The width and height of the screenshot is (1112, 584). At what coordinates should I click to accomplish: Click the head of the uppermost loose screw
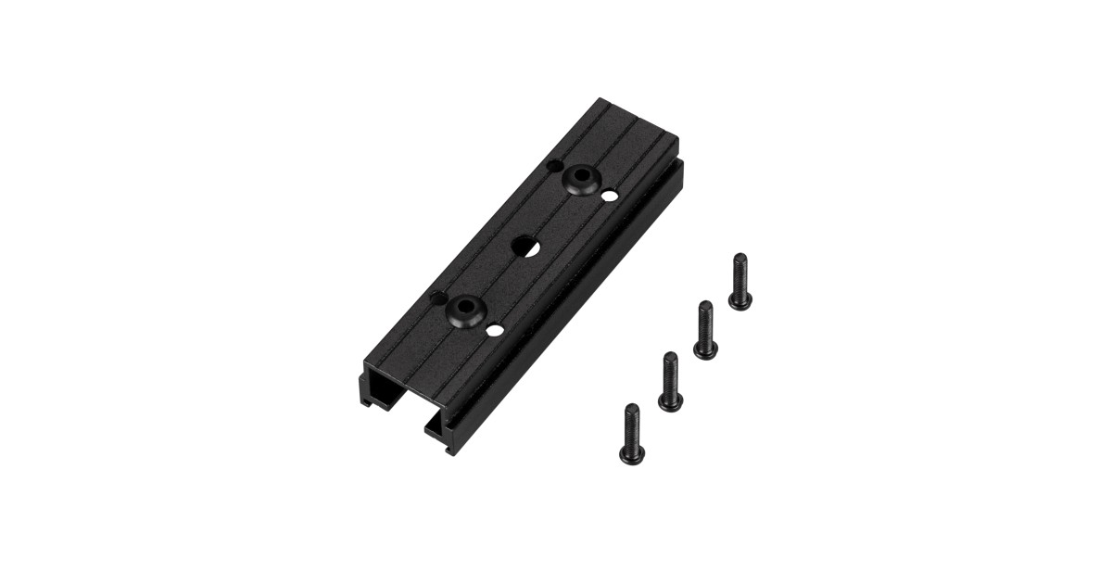click(x=739, y=299)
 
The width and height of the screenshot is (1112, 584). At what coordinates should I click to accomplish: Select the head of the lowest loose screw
click(x=629, y=453)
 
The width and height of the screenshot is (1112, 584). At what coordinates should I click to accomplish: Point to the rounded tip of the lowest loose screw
click(x=630, y=409)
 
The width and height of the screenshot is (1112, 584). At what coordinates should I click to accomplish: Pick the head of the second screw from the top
click(x=705, y=349)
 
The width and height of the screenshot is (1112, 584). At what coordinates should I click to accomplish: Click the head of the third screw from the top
click(x=670, y=400)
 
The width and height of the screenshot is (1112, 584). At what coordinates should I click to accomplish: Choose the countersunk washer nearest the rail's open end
click(x=466, y=311)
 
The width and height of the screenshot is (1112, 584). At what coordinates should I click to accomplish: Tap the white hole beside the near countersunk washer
click(x=496, y=330)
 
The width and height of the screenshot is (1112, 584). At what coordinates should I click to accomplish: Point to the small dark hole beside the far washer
click(x=554, y=166)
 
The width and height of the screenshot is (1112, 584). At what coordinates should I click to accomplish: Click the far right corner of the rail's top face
click(x=677, y=141)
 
